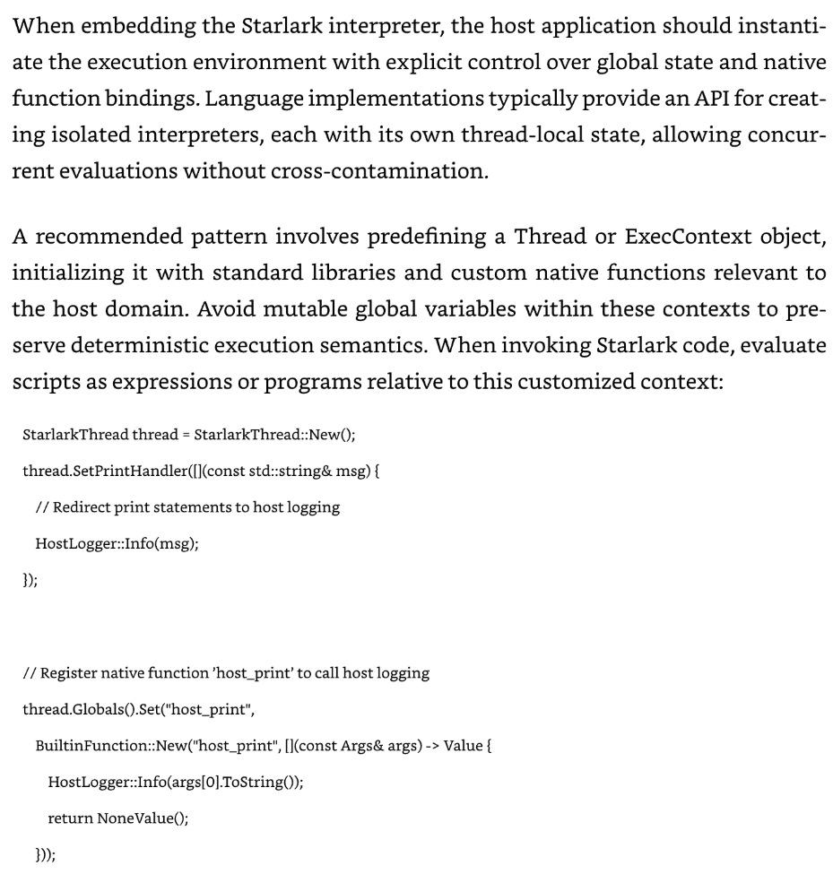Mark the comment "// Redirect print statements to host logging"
[x=187, y=506]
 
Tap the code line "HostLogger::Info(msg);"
[x=117, y=542]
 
